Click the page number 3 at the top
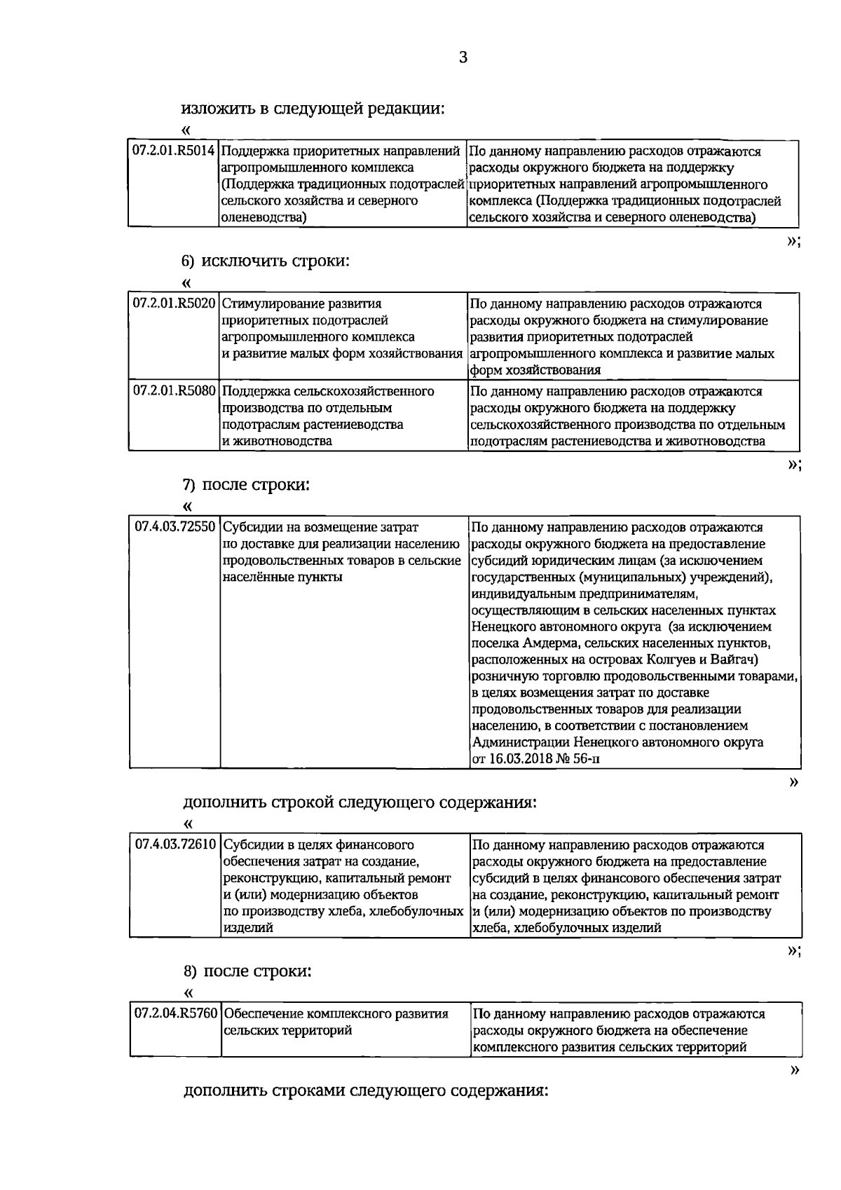pyautogui.click(x=463, y=57)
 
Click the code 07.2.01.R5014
pyautogui.click(x=174, y=151)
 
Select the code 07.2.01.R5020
pyautogui.click(x=174, y=304)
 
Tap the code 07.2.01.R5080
pyautogui.click(x=174, y=391)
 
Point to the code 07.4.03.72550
pyautogui.click(x=175, y=527)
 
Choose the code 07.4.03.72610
pyautogui.click(x=175, y=845)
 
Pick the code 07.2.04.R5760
pyautogui.click(x=175, y=1014)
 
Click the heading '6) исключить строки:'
pyautogui.click(x=266, y=261)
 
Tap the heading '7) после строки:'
pyautogui.click(x=246, y=484)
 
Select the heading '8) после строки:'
pyautogui.click(x=247, y=971)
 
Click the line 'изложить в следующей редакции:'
pyautogui.click(x=313, y=109)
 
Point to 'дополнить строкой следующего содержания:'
pyautogui.click(x=360, y=802)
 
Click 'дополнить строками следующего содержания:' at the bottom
pyautogui.click(x=364, y=1111)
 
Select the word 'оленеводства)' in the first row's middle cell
pyautogui.click(x=264, y=218)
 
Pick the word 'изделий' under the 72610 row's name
pyautogui.click(x=247, y=928)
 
